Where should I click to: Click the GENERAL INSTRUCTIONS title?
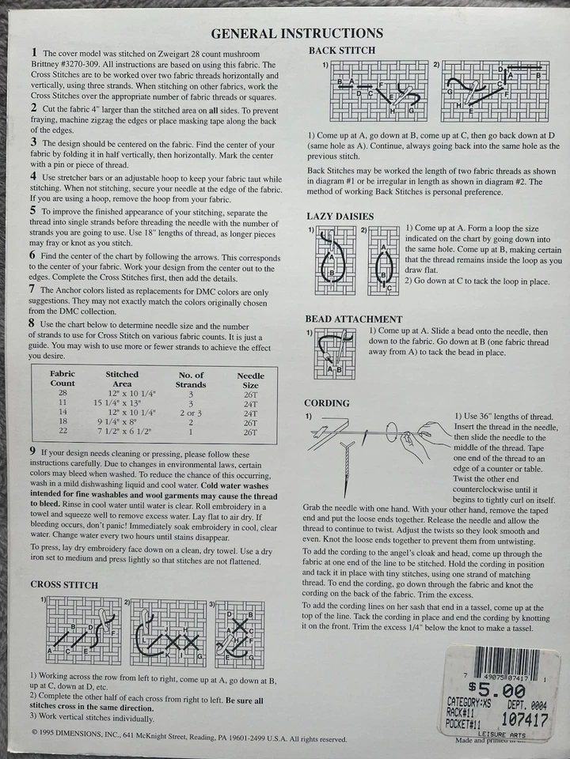(x=297, y=33)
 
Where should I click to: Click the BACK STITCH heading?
(x=341, y=51)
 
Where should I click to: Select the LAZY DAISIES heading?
(x=340, y=216)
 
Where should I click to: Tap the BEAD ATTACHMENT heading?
(x=353, y=319)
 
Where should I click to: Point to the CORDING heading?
(x=327, y=403)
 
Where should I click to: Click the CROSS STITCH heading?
(x=64, y=584)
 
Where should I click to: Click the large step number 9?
(x=32, y=450)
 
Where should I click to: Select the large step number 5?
(x=32, y=211)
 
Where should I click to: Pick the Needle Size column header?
(x=251, y=380)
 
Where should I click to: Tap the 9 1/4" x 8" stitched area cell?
(x=123, y=421)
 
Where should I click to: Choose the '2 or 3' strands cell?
(x=191, y=412)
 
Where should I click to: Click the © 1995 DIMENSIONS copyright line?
(x=190, y=739)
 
